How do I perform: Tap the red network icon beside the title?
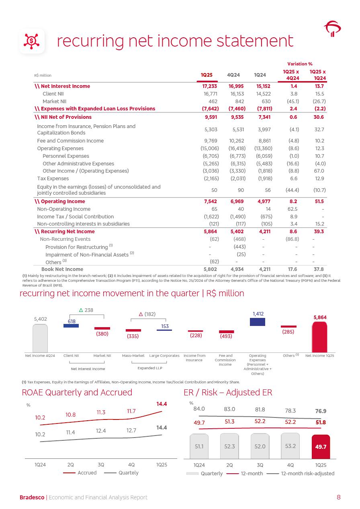[31, 41]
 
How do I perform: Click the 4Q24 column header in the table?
[233, 75]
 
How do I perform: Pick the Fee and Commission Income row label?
[70, 141]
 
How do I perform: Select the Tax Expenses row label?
[53, 179]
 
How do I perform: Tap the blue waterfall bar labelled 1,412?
[258, 322]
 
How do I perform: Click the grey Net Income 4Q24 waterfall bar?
[40, 337]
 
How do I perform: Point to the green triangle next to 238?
[81, 310]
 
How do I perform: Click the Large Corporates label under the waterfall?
[164, 356]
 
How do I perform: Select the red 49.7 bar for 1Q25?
[320, 446]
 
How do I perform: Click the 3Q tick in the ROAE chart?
[101, 465]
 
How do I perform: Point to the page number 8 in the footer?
[338, 497]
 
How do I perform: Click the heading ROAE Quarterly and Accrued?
[77, 392]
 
